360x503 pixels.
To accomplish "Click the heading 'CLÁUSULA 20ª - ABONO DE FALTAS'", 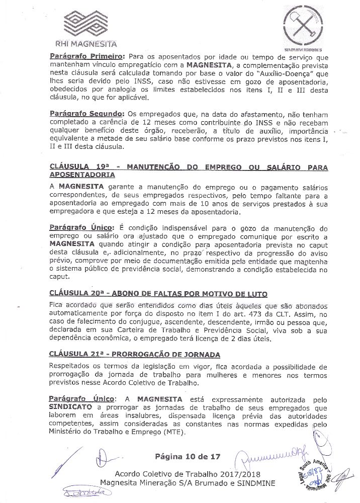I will coord(158,293).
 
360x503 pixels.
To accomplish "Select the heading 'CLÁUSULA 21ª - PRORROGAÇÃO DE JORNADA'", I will coord(135,355).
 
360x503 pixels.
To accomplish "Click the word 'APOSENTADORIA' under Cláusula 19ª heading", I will coord(82,175).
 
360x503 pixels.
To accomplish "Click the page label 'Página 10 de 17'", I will coord(188,457).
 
